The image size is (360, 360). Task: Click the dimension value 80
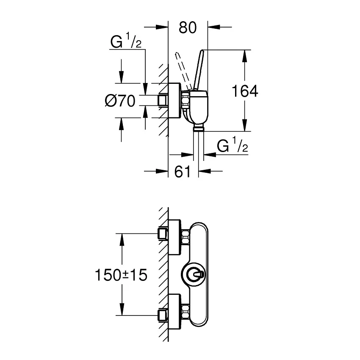tap(188, 28)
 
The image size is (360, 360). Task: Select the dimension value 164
tap(245, 91)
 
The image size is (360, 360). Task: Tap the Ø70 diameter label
tap(120, 101)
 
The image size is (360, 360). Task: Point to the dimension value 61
tap(183, 171)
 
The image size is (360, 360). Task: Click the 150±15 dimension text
tap(121, 275)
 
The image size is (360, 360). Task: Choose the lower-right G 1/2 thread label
tap(233, 145)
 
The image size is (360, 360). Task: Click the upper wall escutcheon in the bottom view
tap(175, 238)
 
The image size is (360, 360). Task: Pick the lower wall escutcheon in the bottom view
tap(175, 311)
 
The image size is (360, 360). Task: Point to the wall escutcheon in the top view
tap(175, 100)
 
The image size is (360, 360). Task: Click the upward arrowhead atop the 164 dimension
tap(245, 56)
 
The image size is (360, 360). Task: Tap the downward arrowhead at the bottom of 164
tap(245, 125)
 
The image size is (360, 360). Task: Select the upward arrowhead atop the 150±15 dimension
tap(122, 239)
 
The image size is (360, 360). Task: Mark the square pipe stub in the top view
tap(163, 100)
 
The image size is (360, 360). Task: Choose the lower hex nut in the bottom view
tap(186, 311)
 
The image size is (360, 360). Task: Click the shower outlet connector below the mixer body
tap(199, 127)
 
